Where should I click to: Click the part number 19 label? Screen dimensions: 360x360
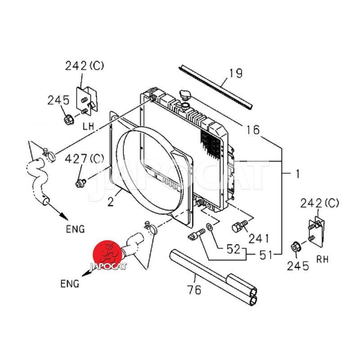click(236, 73)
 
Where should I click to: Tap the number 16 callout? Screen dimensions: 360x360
click(253, 130)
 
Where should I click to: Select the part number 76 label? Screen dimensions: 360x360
click(194, 290)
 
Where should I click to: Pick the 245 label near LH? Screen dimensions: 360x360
click(58, 100)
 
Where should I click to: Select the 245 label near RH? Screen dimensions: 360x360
click(298, 266)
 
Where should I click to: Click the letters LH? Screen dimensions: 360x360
click(88, 128)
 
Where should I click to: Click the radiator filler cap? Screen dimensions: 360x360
click(184, 96)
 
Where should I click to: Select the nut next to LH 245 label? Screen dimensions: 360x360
click(68, 120)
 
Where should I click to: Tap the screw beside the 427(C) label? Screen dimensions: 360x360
click(81, 183)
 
